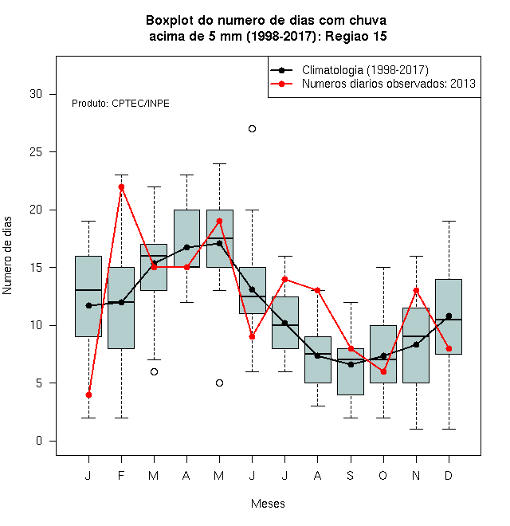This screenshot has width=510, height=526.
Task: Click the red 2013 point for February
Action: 121,186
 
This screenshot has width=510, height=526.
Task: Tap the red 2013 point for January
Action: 88,394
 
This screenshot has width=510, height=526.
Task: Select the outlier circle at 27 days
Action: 253,129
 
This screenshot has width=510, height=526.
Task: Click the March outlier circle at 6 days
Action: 154,371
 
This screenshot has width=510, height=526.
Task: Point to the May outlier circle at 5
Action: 219,383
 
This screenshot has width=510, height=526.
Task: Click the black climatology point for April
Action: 187,248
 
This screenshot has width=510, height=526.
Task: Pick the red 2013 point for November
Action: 417,291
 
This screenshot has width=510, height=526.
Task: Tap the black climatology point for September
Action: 351,364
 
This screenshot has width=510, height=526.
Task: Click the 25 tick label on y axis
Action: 36,152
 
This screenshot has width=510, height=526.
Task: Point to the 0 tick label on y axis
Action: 39,441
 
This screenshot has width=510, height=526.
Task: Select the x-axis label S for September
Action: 351,475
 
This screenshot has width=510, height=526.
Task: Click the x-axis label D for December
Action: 449,475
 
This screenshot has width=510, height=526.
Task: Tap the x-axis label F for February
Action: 121,475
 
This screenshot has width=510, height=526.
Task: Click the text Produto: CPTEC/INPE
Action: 120,104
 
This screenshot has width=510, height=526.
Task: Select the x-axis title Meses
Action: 268,504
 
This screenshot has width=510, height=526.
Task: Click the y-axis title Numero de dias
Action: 7,256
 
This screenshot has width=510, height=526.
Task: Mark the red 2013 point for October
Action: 383,371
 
